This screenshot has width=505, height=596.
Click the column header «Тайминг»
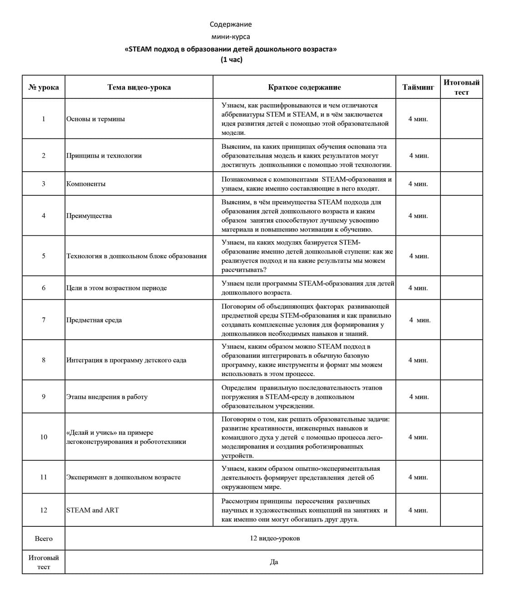pyautogui.click(x=418, y=87)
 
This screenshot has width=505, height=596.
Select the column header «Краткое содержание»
pyautogui.click(x=304, y=87)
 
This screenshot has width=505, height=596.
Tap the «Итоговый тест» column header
pyautogui.click(x=461, y=87)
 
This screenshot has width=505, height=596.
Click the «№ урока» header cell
pyautogui.click(x=44, y=87)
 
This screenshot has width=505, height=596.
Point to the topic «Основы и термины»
pyautogui.click(x=96, y=119)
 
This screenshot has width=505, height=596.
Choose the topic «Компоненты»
pyautogui.click(x=86, y=184)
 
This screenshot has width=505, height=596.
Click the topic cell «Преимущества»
pyautogui.click(x=89, y=216)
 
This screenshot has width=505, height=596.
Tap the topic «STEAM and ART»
pyautogui.click(x=93, y=510)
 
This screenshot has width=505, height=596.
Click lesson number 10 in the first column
pyautogui.click(x=44, y=437)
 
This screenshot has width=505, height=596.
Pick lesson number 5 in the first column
pyautogui.click(x=44, y=256)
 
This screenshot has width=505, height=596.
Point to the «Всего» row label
pyautogui.click(x=44, y=539)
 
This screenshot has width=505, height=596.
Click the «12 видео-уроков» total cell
pyautogui.click(x=275, y=539)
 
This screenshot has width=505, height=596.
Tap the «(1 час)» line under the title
pyautogui.click(x=231, y=60)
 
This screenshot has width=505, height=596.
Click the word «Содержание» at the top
pyautogui.click(x=231, y=25)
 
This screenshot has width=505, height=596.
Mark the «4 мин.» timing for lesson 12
pyautogui.click(x=418, y=510)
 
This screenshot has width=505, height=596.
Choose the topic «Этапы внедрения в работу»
pyautogui.click(x=107, y=397)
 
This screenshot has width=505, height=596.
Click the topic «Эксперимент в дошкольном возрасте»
pyautogui.click(x=123, y=477)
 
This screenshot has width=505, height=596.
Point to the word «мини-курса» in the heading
pyautogui.click(x=231, y=36)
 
